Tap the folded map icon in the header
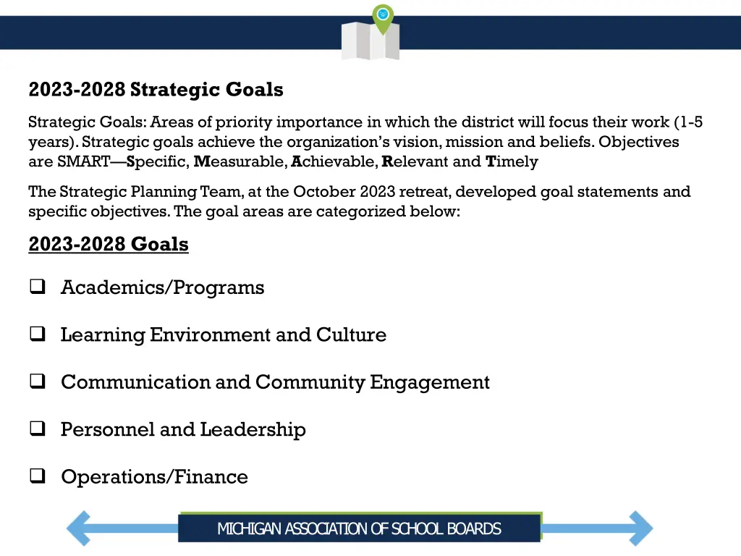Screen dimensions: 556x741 (x=370, y=41)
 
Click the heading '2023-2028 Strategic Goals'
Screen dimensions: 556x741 (x=156, y=90)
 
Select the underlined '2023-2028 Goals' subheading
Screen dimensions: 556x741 (x=109, y=245)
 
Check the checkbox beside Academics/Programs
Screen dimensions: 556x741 (x=37, y=287)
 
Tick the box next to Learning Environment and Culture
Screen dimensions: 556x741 (x=37, y=334)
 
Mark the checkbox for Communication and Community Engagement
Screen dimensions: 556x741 (x=37, y=382)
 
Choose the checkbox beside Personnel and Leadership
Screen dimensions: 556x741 (x=37, y=429)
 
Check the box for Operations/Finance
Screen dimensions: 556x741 (x=37, y=477)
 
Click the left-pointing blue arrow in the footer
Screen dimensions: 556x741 (x=91, y=528)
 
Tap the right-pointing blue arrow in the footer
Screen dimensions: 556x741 (x=630, y=528)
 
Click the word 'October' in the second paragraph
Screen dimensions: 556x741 (x=322, y=192)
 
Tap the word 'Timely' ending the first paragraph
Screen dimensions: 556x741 (x=512, y=161)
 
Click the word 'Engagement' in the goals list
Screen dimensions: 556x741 (x=430, y=382)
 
